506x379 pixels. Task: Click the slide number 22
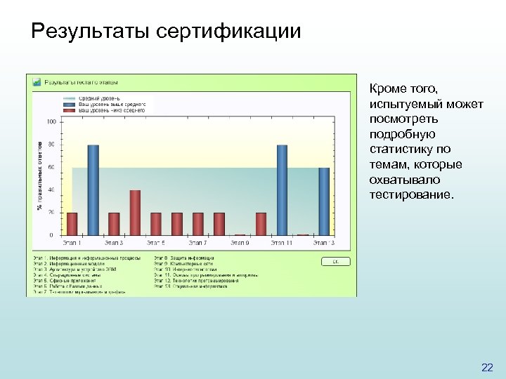pyautogui.click(x=487, y=367)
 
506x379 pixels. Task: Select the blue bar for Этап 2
pyautogui.click(x=93, y=189)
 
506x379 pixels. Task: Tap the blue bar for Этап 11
pyautogui.click(x=282, y=189)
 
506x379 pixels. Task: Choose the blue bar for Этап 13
pyautogui.click(x=324, y=201)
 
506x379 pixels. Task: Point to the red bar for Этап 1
pyautogui.click(x=72, y=223)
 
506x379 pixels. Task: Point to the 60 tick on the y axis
pyautogui.click(x=51, y=167)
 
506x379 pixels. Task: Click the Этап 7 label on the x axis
pyautogui.click(x=197, y=243)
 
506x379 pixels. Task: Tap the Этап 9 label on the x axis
pyautogui.click(x=240, y=243)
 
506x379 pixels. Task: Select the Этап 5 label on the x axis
pyautogui.click(x=156, y=243)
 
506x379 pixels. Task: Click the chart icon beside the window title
pyautogui.click(x=37, y=82)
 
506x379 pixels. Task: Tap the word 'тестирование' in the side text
pyautogui.click(x=412, y=194)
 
